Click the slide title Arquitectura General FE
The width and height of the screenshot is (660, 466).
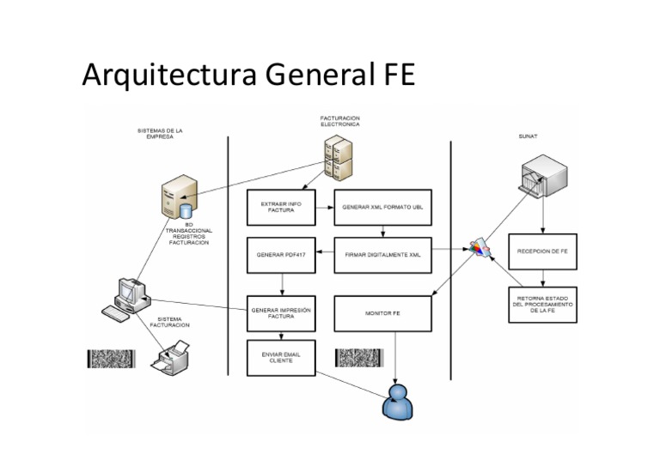click(248, 76)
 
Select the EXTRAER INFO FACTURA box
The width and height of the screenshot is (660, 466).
click(281, 207)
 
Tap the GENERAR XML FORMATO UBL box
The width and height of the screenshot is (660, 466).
click(382, 208)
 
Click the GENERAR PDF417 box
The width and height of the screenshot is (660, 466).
click(281, 255)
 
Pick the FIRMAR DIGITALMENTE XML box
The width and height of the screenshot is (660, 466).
click(382, 255)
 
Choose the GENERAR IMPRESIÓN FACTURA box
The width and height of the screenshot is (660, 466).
click(281, 313)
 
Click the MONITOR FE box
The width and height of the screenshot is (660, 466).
click(382, 313)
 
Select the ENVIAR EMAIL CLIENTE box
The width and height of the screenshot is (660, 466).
click(281, 357)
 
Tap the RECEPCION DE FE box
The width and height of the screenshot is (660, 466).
click(542, 251)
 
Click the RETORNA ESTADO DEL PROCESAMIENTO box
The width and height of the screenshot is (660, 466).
click(542, 304)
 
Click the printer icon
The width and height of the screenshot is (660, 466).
click(171, 354)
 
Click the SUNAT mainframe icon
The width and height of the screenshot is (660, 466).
click(542, 176)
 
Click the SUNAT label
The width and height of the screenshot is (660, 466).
click(529, 136)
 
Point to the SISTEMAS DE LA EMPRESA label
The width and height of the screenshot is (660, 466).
click(160, 134)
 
